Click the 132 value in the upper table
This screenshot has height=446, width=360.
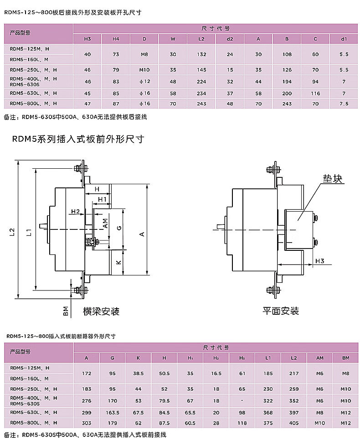[x=201, y=54]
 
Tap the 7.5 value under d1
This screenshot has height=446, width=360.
[x=344, y=104]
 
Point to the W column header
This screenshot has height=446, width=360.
[x=173, y=39]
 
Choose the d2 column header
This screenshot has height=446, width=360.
[x=230, y=39]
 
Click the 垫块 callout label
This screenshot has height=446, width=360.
[x=332, y=179]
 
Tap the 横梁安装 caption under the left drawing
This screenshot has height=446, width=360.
[x=101, y=311]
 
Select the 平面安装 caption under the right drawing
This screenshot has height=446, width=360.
[x=280, y=311]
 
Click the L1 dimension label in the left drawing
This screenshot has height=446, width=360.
[x=29, y=233]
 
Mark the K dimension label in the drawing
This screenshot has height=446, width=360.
[x=117, y=263]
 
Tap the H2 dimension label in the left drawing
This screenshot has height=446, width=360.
[x=75, y=211]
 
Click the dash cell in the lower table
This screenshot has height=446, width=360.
[x=242, y=401]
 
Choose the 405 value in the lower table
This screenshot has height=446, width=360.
[x=294, y=423]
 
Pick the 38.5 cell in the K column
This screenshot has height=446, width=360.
[x=139, y=373]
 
